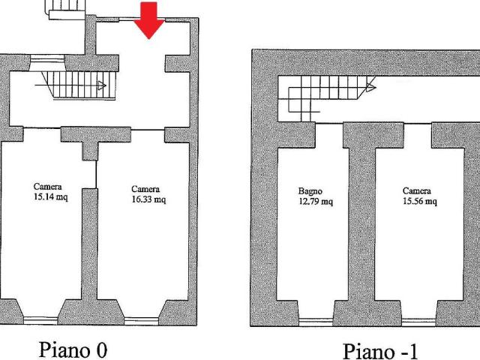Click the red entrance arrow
coord(149,21)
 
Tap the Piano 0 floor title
coord(73,349)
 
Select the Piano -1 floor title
coord(380,351)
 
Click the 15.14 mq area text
coord(50,196)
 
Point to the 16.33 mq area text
coord(148,199)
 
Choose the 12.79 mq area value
coord(316,202)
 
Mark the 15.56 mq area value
coord(420,201)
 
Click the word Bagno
coord(310,192)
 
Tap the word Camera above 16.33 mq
coord(145,189)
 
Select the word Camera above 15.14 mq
coord(47,187)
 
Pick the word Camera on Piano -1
coord(417,190)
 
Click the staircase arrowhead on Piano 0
coord(102,85)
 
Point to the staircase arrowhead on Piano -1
coord(370,88)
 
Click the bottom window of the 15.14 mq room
coord(40,320)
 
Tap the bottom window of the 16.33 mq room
coord(141,321)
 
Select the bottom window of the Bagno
coord(316,322)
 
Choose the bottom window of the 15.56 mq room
coord(418,322)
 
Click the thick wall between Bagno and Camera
coord(361,223)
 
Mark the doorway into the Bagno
coord(329,123)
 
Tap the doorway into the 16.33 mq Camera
coord(148,130)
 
